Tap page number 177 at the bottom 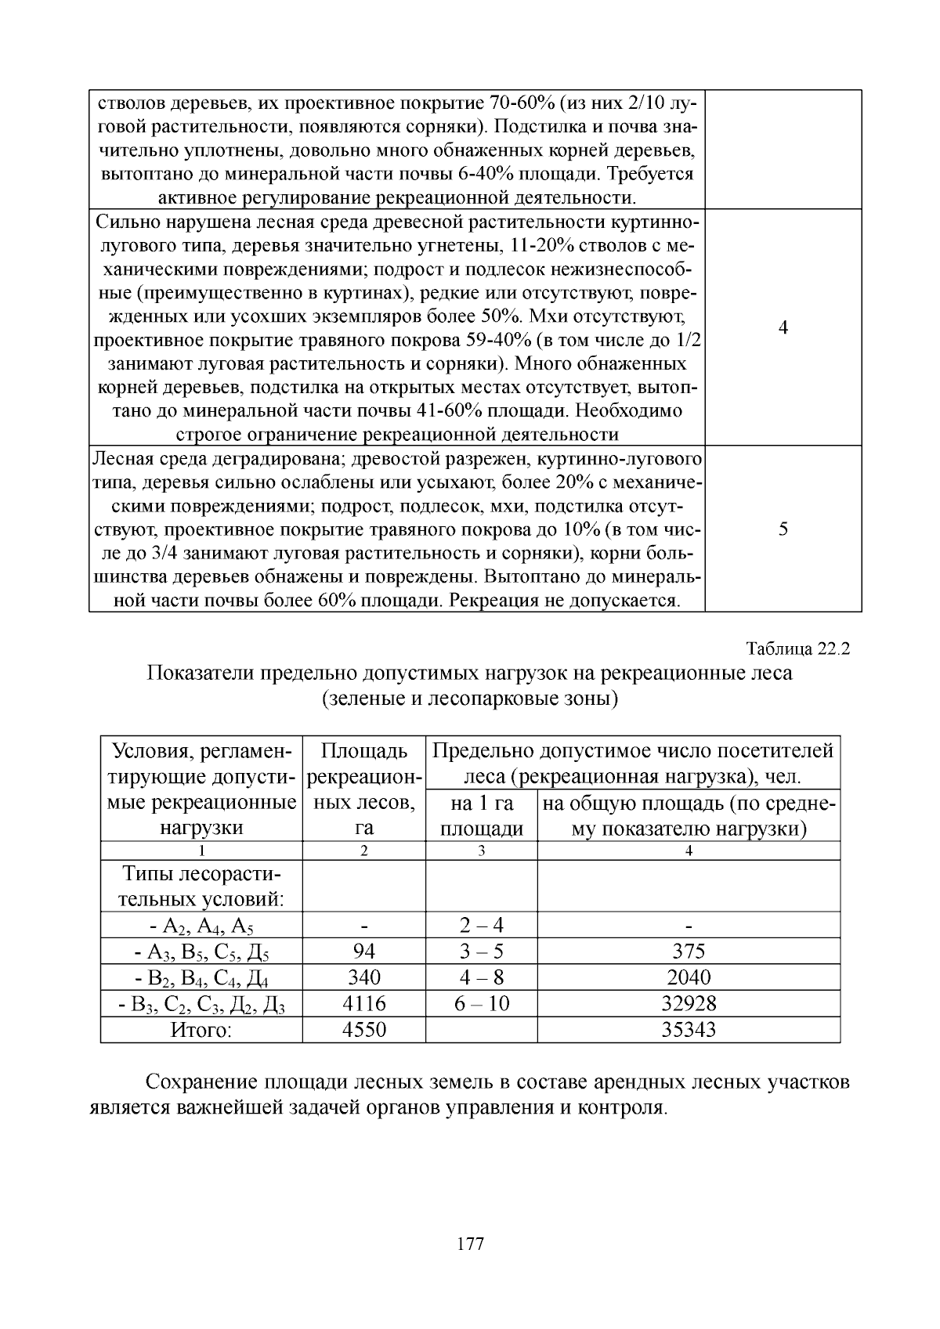point(470,1243)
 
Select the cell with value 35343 point(689,1030)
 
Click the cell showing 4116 point(364,1003)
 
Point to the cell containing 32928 point(689,1003)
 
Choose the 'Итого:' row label point(201,1030)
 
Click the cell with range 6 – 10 point(481,1003)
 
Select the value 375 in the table point(689,951)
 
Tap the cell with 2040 point(689,977)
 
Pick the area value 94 point(364,951)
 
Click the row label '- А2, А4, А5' point(201,926)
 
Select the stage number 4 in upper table point(783,327)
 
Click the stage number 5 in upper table point(783,529)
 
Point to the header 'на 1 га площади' point(481,815)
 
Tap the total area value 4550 point(364,1030)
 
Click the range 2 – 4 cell point(481,925)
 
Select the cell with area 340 point(364,977)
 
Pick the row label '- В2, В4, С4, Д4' point(201,978)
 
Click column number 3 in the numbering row point(481,851)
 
